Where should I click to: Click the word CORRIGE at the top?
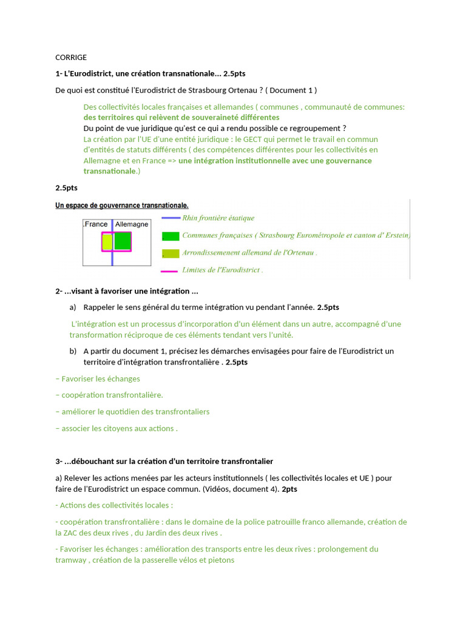tap(71, 58)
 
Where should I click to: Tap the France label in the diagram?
tap(96, 224)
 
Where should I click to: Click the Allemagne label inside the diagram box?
tap(132, 224)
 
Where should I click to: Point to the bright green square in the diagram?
tap(123, 241)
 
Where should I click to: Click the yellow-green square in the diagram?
tap(107, 242)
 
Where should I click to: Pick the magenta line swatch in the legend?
tap(169, 270)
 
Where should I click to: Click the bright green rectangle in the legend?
tap(171, 235)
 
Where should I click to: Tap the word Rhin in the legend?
tap(191, 218)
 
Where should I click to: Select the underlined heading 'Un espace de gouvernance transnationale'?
tap(122, 206)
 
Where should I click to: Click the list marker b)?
tap(73, 351)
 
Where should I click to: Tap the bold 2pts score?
tap(289, 489)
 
